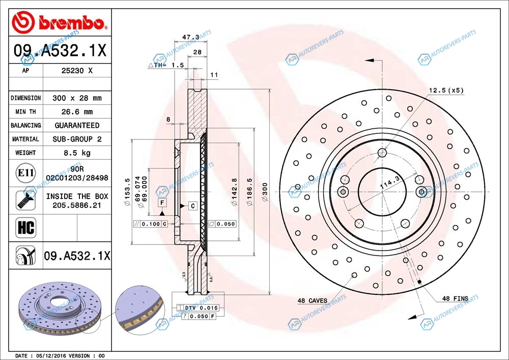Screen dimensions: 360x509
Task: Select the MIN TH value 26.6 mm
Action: (76, 112)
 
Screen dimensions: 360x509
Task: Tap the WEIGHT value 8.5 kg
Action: (76, 153)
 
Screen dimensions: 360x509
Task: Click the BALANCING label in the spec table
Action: (25, 125)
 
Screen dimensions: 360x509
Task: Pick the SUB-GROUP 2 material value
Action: (76, 139)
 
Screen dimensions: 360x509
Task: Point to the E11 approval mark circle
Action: (25, 173)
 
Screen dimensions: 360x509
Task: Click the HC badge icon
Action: (25, 227)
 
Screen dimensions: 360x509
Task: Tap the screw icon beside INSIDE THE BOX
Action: (25, 200)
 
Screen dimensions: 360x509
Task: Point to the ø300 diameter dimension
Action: (265, 192)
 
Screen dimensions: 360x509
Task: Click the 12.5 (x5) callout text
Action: (446, 91)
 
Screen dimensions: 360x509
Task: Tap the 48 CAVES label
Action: (313, 301)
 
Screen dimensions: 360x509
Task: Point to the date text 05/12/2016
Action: (48, 355)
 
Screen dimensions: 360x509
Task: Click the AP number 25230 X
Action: (76, 71)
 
